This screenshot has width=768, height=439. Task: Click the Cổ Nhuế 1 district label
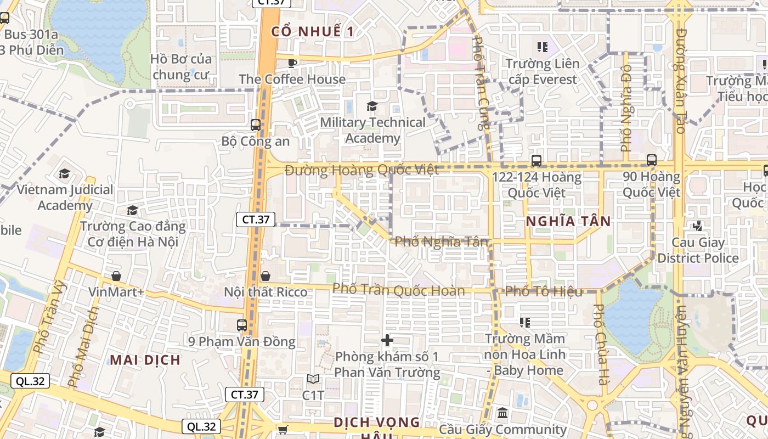[x=313, y=31]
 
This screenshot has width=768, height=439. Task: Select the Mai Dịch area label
[x=145, y=360]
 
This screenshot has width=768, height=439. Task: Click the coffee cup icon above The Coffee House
[x=292, y=63]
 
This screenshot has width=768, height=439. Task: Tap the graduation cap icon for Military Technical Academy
[x=372, y=106]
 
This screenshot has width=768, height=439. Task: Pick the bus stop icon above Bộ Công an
[x=256, y=125]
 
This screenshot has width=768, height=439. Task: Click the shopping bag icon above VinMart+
[x=116, y=275]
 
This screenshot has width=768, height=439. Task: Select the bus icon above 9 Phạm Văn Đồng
[x=242, y=325]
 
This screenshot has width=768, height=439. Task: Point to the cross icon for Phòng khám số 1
[x=387, y=340]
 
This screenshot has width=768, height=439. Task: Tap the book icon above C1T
[x=313, y=379]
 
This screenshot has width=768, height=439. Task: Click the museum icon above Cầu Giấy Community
[x=502, y=413]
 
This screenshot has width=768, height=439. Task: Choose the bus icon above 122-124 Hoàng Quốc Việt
[x=537, y=161]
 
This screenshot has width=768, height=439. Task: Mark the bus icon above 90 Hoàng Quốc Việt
[x=652, y=160]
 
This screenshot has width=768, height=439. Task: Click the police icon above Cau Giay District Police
[x=698, y=226]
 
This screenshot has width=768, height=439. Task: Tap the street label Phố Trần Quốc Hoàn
[x=399, y=290]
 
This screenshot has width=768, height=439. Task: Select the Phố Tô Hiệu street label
[x=544, y=291]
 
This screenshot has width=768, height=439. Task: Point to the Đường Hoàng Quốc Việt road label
[x=362, y=170]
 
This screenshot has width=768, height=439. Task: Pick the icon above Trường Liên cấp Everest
[x=543, y=47]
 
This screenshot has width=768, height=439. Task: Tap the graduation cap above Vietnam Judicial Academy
[x=65, y=174]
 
